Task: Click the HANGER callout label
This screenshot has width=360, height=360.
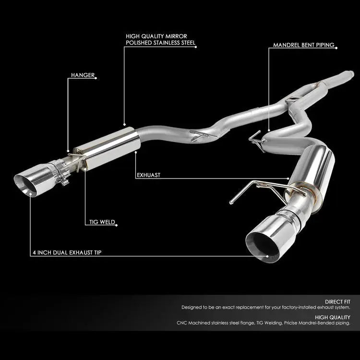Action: coord(83,75)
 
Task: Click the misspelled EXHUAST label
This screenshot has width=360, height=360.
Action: coord(149,175)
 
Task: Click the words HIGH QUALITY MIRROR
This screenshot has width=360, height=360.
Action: coord(154,36)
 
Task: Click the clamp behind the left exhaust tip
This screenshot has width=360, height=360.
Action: coord(63,169)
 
